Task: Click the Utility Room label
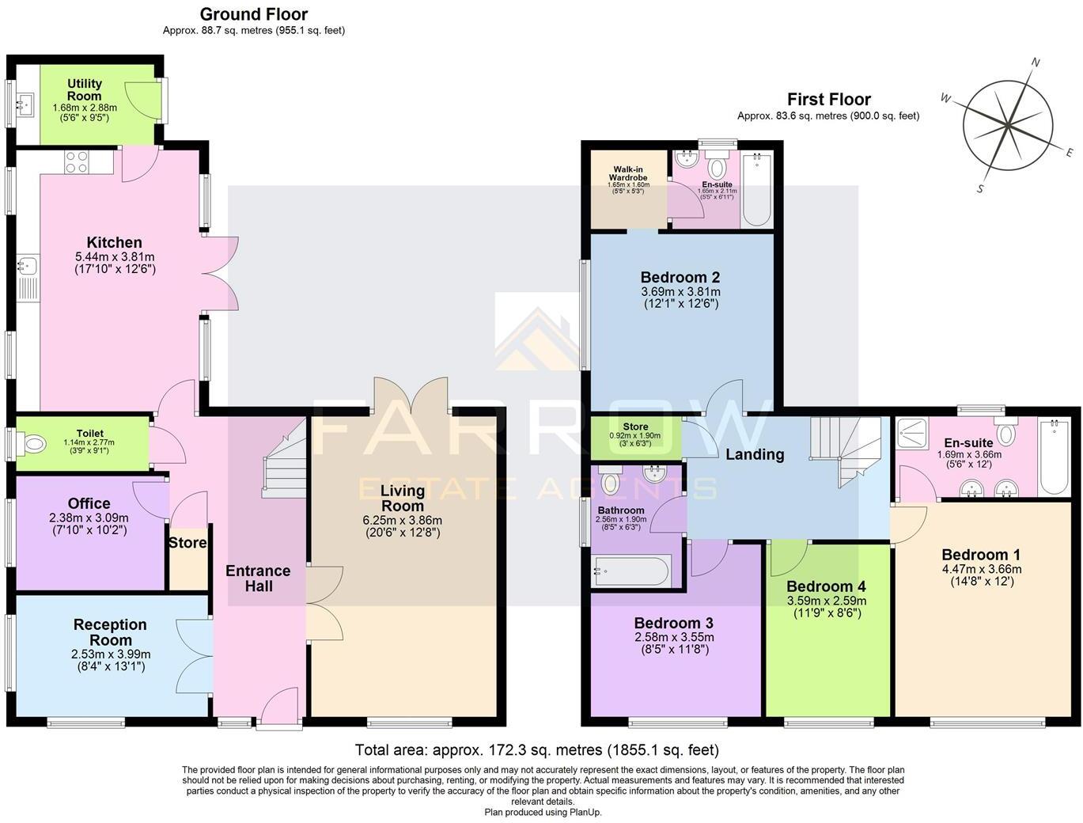(x=84, y=89)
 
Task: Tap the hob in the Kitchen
(x=77, y=162)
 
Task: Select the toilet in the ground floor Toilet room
(x=34, y=445)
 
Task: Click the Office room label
(x=89, y=503)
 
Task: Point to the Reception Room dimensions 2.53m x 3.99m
(x=110, y=654)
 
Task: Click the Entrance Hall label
(x=258, y=578)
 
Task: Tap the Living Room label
(x=402, y=499)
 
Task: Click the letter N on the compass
(x=1036, y=63)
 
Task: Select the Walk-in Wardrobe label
(x=628, y=173)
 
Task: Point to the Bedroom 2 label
(x=680, y=277)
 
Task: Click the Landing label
(x=755, y=454)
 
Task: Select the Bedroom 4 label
(x=826, y=586)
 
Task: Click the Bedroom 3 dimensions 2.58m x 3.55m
(x=673, y=637)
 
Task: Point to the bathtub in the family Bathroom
(x=632, y=570)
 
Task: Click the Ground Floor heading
(x=253, y=14)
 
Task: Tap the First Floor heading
(x=828, y=100)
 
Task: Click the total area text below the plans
(x=536, y=749)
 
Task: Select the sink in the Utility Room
(x=27, y=102)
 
